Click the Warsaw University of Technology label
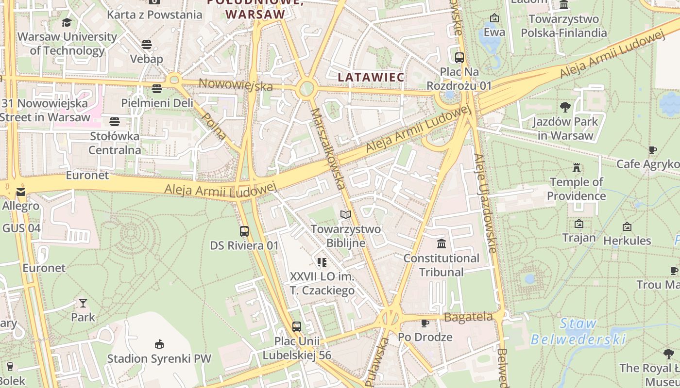pos(67,44)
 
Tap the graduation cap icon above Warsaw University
pos(67,22)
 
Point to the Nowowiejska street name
pos(236,86)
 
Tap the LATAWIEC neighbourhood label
pos(371,77)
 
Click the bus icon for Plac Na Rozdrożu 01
pos(459,57)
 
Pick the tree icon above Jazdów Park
pos(565,107)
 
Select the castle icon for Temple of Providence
pos(577,168)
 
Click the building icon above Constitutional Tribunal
pos(441,243)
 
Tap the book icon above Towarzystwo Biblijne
pos(345,214)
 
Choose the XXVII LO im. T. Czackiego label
pos(322,283)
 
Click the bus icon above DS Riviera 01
pos(244,231)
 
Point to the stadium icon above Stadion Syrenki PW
pos(159,344)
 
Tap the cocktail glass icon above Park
pos(83,303)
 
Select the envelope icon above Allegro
pos(20,192)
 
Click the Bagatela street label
pos(468,317)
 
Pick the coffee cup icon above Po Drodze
pos(425,323)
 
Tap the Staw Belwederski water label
pos(578,331)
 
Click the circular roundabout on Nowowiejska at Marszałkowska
pos(306,89)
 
